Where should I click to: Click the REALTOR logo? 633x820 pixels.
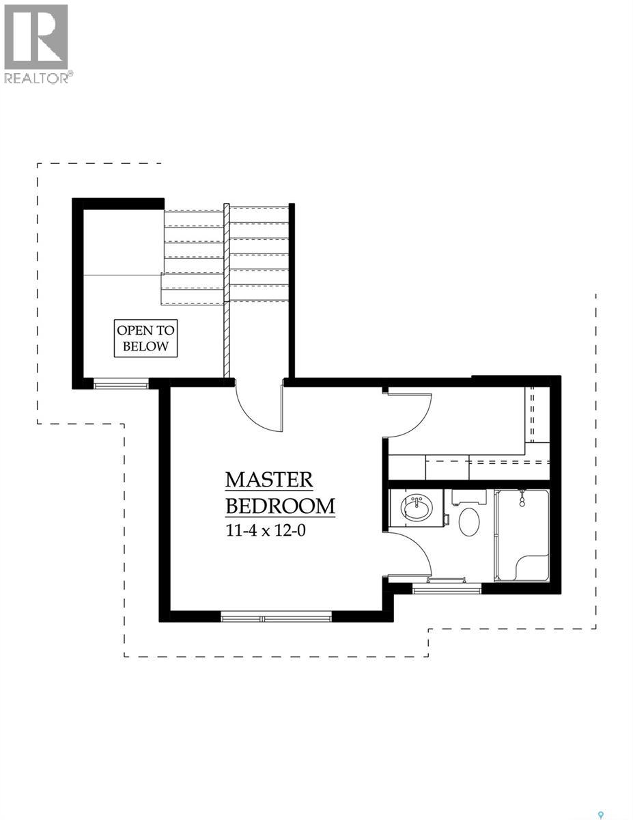[36, 43]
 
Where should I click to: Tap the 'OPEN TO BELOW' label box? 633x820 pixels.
[145, 338]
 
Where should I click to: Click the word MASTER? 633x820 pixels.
[269, 480]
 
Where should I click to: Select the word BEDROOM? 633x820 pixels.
[280, 506]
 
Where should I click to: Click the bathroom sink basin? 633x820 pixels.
[416, 509]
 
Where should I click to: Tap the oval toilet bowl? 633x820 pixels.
[468, 521]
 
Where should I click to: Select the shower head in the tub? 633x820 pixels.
[522, 498]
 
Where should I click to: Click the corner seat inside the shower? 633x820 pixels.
[532, 568]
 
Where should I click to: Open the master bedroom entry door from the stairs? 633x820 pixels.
[259, 410]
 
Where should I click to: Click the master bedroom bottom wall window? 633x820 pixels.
[276, 618]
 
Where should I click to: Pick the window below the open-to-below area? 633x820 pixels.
[121, 385]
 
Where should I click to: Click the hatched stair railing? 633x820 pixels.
[226, 294]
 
